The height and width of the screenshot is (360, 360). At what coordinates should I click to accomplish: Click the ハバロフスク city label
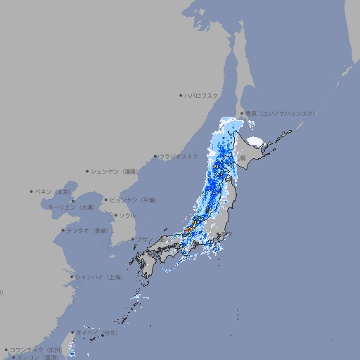tap(201, 95)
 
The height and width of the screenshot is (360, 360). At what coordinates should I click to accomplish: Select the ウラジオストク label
tap(179, 156)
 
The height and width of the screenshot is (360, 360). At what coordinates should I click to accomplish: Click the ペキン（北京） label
tap(54, 191)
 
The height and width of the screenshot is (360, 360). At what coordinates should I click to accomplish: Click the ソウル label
tap(127, 215)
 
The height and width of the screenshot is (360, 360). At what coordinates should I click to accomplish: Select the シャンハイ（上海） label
tap(98, 277)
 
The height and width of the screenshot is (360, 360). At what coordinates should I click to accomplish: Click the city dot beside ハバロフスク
tap(181, 95)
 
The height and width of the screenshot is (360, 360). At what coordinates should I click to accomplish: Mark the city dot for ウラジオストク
tap(155, 156)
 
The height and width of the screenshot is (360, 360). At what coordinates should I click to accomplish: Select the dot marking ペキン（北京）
tap(32, 191)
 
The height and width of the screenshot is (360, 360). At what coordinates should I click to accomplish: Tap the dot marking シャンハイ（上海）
tap(72, 277)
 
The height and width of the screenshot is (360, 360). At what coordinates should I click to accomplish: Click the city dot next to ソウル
tap(115, 215)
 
